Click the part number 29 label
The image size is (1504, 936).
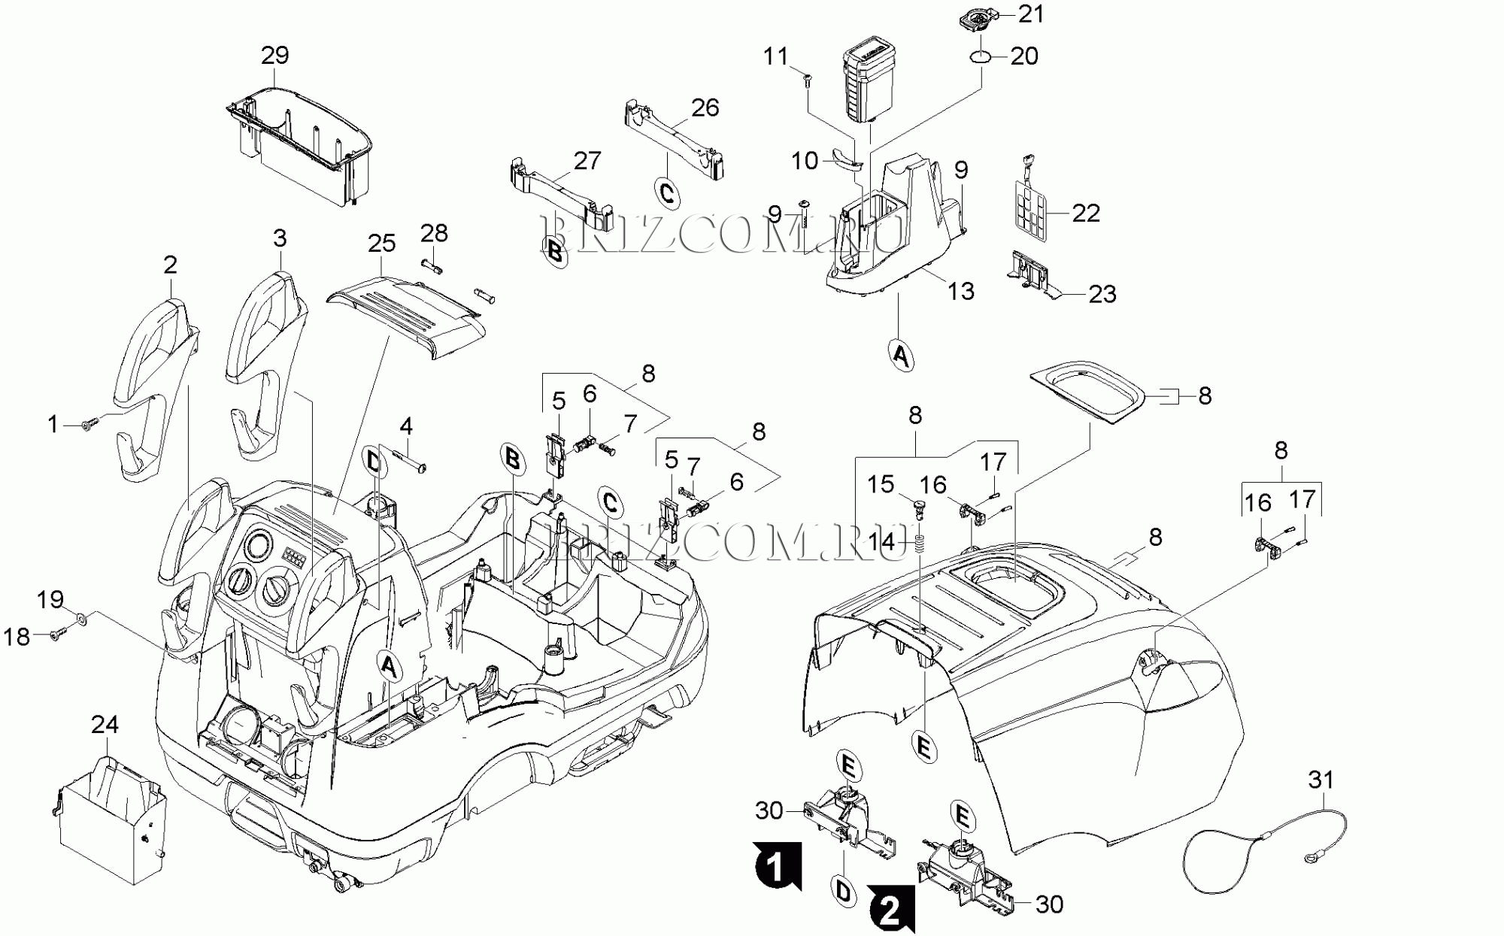point(274,55)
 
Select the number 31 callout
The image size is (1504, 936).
point(1321,780)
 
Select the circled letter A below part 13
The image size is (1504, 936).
point(901,354)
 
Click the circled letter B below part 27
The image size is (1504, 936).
point(555,252)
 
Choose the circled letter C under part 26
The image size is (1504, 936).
point(667,192)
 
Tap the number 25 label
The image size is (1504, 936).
point(381,243)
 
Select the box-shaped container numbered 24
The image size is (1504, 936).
point(113,819)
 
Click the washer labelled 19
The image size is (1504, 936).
point(82,619)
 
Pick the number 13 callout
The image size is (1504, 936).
point(960,291)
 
